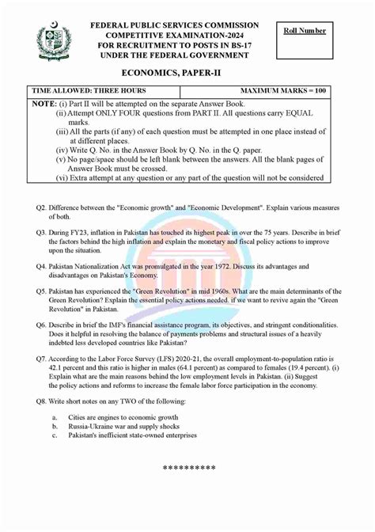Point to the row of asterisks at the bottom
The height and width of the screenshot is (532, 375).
click(x=189, y=469)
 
